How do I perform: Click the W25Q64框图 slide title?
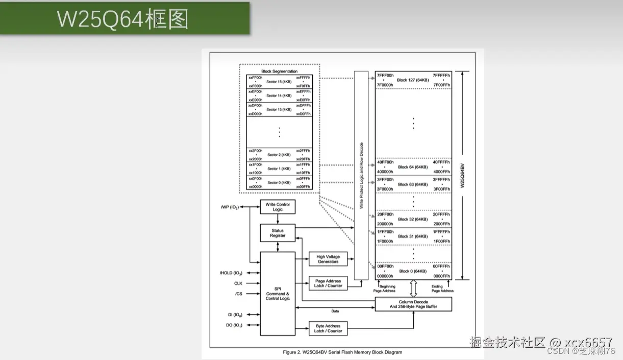(x=122, y=19)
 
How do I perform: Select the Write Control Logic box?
(x=278, y=207)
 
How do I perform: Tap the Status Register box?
(x=278, y=233)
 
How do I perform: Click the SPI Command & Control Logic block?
(x=278, y=293)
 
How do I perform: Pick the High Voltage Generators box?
(x=328, y=259)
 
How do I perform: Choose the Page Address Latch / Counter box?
(x=328, y=283)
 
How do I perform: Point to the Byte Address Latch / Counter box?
(x=328, y=328)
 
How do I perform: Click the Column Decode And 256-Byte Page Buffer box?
(x=413, y=304)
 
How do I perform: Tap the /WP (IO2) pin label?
(x=230, y=207)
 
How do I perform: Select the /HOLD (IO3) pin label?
(x=231, y=273)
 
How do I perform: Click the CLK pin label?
(x=238, y=283)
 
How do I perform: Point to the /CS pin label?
(x=239, y=294)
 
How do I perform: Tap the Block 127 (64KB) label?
(x=412, y=80)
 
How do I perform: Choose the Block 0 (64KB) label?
(x=412, y=271)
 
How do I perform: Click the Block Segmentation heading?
(x=279, y=71)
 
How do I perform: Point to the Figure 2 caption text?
(x=342, y=352)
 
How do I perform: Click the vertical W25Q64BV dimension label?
(x=462, y=175)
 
